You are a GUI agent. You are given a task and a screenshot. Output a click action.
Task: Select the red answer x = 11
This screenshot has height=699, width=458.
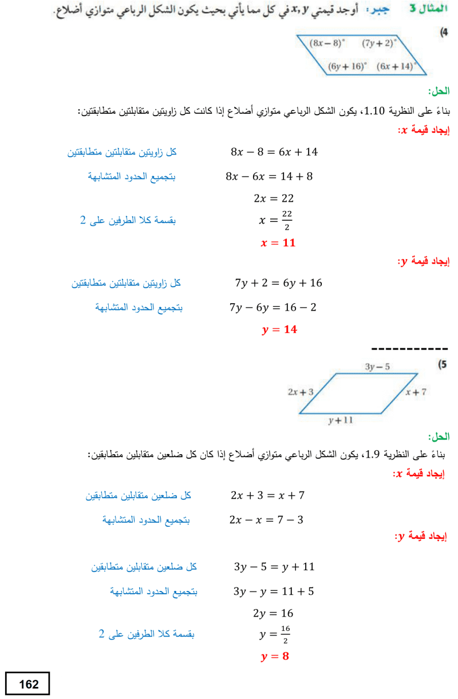pyautogui.click(x=278, y=243)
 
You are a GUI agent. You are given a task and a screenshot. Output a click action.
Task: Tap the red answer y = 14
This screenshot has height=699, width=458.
pyautogui.click(x=279, y=329)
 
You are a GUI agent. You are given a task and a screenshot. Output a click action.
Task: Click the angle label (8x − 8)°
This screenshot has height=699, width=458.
pyautogui.click(x=326, y=42)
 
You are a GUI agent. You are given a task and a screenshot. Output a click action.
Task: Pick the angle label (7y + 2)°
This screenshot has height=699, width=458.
pyautogui.click(x=379, y=42)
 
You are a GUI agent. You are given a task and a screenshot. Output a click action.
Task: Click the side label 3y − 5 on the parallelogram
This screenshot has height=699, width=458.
pyautogui.click(x=377, y=366)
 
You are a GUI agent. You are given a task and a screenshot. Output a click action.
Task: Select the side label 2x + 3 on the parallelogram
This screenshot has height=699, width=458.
pyautogui.click(x=301, y=392)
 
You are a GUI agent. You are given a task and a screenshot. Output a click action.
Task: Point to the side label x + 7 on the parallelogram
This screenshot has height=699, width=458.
pyautogui.click(x=416, y=392)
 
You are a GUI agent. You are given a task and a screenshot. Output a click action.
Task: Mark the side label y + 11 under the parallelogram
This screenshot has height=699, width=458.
pyautogui.click(x=341, y=420)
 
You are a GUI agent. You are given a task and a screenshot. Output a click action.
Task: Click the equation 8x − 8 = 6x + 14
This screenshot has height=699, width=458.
pyautogui.click(x=274, y=152)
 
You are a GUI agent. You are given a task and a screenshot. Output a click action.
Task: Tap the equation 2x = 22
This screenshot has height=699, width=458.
pyautogui.click(x=274, y=198)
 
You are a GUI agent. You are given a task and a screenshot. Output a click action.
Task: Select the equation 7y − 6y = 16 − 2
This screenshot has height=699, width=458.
pyautogui.click(x=273, y=308)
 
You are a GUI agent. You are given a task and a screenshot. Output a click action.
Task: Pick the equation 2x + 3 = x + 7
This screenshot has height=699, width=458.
pyautogui.click(x=267, y=495)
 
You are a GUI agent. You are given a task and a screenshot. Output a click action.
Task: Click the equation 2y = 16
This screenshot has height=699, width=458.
pyautogui.click(x=273, y=613)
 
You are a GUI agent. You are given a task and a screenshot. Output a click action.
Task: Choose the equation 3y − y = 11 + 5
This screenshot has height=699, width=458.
pyautogui.click(x=273, y=591)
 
